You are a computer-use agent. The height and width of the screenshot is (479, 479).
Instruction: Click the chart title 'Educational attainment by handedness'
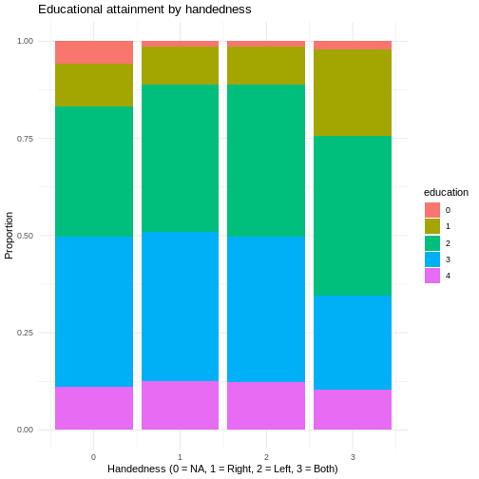(144, 10)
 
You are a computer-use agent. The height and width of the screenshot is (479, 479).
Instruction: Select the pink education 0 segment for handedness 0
(94, 52)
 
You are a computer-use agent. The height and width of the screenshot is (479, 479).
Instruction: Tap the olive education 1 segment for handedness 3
(353, 93)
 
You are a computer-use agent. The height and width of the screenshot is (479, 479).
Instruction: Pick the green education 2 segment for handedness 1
(180, 159)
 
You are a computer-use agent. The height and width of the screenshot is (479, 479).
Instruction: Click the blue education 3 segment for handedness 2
(266, 310)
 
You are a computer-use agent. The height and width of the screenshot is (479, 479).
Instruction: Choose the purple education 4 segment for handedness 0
(94, 409)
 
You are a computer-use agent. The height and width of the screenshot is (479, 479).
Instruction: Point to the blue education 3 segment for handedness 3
(353, 343)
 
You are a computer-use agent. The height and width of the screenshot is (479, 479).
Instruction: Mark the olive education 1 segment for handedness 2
(266, 66)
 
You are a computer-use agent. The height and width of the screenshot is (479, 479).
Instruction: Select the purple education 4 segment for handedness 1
(180, 406)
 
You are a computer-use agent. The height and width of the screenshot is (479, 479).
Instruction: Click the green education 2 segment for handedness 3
(353, 216)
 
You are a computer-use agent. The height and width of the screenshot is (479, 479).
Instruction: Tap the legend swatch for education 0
(432, 210)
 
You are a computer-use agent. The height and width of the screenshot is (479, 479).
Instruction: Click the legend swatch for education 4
(432, 276)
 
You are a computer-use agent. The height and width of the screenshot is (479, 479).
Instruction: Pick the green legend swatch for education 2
(432, 243)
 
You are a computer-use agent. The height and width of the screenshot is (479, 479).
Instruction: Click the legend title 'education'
(446, 192)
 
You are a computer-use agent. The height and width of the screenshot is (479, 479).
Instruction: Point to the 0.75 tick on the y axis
(25, 139)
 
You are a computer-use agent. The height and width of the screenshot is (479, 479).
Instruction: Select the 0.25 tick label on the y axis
(25, 333)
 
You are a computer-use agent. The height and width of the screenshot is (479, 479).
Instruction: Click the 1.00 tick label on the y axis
(25, 41)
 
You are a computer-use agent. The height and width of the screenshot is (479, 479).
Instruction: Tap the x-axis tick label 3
(353, 457)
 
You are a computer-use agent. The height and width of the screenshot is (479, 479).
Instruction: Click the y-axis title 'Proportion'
(9, 236)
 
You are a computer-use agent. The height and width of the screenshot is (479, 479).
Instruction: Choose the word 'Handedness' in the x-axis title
(137, 469)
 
